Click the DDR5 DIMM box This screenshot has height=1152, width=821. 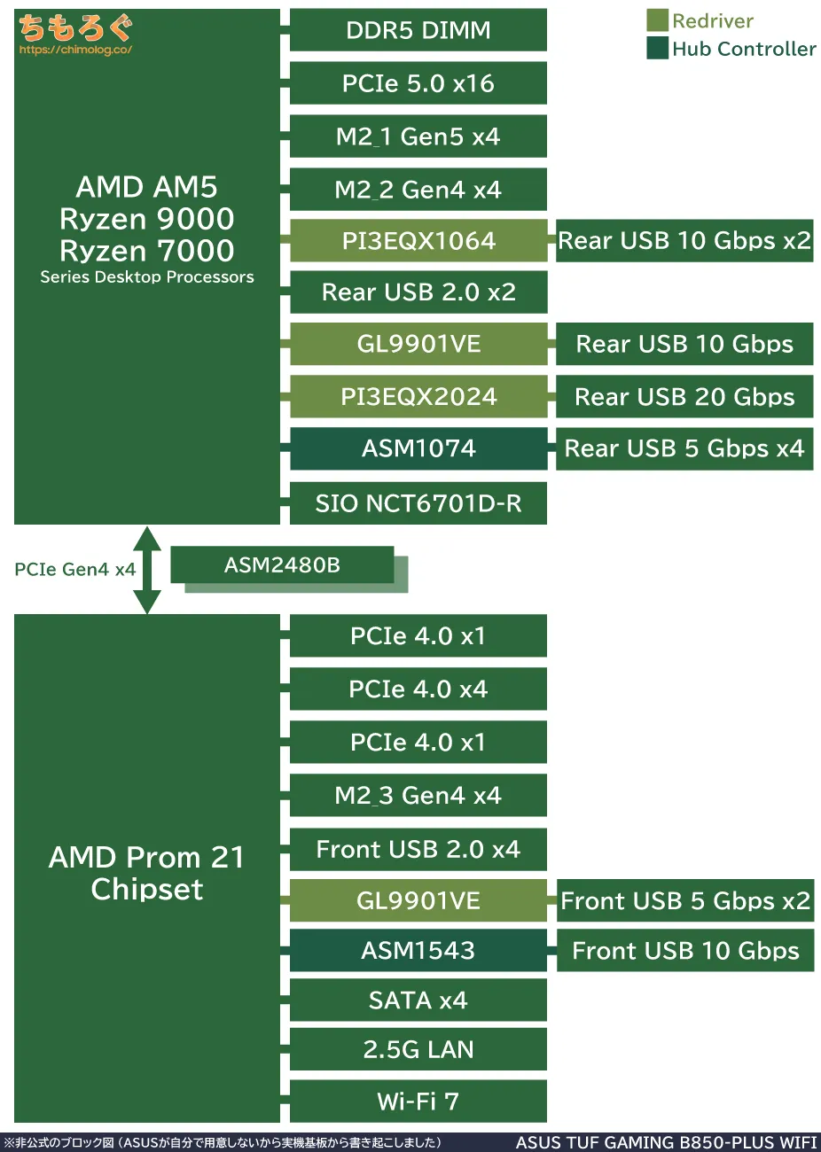(x=418, y=30)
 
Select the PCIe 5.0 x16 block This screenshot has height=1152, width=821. (x=418, y=83)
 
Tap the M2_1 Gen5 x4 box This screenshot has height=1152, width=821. (x=418, y=136)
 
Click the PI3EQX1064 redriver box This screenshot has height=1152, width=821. (x=418, y=241)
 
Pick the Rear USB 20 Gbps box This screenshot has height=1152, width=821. (x=684, y=396)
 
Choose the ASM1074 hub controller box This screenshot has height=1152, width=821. (x=418, y=448)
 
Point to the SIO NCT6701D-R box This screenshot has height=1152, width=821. (x=418, y=503)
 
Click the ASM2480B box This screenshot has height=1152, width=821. (x=282, y=564)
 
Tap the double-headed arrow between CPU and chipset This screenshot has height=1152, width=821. (x=147, y=570)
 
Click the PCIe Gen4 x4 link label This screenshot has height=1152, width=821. (x=74, y=570)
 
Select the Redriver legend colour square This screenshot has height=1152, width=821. (x=657, y=20)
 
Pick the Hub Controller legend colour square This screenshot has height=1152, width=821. (x=657, y=48)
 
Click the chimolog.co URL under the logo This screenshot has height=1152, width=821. (x=75, y=50)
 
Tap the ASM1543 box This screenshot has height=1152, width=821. (x=418, y=951)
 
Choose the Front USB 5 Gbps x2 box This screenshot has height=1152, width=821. (x=684, y=901)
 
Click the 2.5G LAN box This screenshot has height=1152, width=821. (x=418, y=1050)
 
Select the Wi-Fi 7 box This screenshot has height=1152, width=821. (x=418, y=1101)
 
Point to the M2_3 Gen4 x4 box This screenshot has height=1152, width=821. (x=418, y=796)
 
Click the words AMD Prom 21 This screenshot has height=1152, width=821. (x=146, y=857)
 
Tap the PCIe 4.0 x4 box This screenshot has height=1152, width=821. (x=418, y=689)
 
